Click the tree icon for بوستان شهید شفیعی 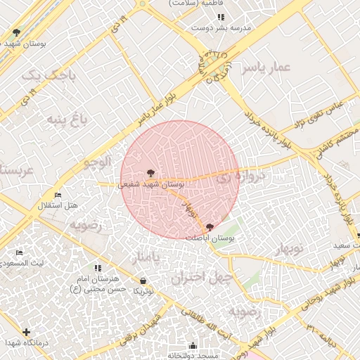click(149, 172)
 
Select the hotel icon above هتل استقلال click(58, 195)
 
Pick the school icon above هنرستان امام click(98, 268)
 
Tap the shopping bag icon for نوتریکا click(143, 281)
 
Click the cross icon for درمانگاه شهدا click(27, 331)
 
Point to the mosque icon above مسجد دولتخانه click(193, 345)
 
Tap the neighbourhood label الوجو click(98, 162)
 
